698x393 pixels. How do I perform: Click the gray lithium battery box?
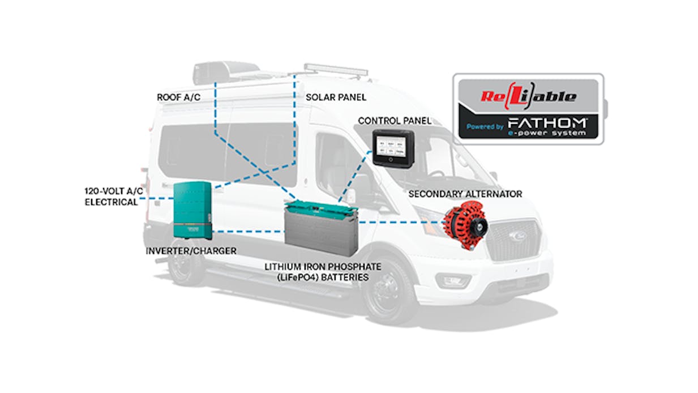point(321,229)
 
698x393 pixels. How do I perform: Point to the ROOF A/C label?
point(178,97)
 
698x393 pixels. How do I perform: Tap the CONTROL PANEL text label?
point(395,121)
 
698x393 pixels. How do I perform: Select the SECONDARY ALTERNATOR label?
point(465,194)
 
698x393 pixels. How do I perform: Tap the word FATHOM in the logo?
point(547,123)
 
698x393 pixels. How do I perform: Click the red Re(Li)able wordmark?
point(529,96)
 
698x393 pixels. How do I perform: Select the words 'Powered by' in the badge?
point(485,127)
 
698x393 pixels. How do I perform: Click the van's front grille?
point(516,240)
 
